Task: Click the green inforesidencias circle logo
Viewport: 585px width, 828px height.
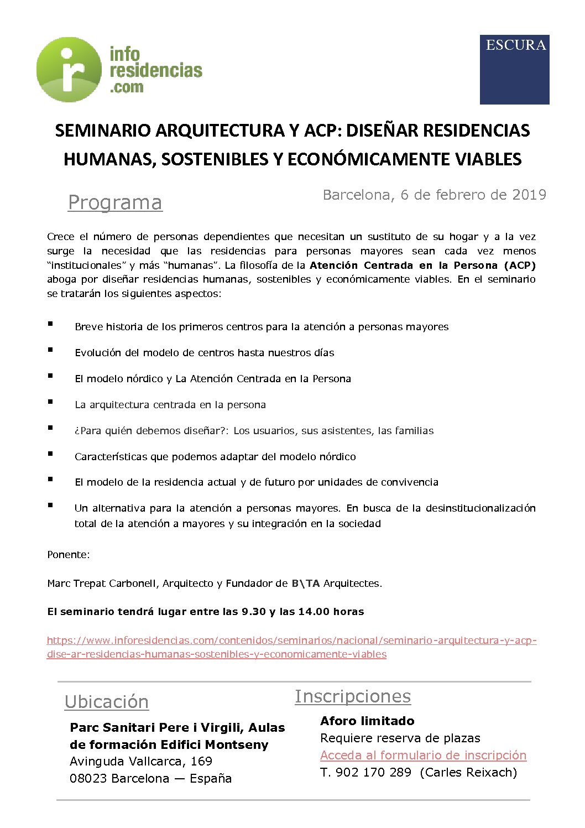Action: [x=69, y=70]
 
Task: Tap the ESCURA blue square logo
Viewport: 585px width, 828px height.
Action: [x=514, y=70]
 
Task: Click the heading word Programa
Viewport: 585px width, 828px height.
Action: [x=115, y=203]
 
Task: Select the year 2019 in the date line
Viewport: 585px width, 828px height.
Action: [x=529, y=195]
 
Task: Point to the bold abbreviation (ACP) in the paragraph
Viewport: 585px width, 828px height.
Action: [x=520, y=265]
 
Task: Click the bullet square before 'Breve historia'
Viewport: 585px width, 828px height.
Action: [x=50, y=324]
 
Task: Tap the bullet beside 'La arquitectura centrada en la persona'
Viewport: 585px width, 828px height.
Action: [x=50, y=402]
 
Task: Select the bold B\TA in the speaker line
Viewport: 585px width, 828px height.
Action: [x=305, y=584]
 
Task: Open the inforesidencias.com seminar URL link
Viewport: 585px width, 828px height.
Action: [x=291, y=641]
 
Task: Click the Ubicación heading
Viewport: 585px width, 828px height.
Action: [x=107, y=702]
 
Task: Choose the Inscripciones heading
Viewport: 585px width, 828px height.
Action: [x=353, y=696]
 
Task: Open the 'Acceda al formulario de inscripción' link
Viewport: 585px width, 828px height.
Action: [x=423, y=756]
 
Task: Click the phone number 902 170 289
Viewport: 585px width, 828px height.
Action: [x=373, y=773]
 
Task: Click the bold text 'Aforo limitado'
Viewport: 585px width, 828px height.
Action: [x=367, y=721]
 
